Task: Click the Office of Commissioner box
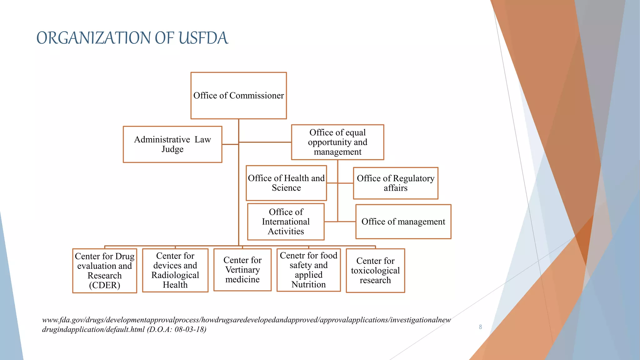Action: [x=238, y=96]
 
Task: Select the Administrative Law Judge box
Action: [x=172, y=144]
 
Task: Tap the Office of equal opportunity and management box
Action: [x=337, y=142]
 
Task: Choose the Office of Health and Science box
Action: [x=286, y=183]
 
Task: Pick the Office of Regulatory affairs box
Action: [x=396, y=183]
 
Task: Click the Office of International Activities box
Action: [x=286, y=222]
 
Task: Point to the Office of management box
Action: [x=403, y=222]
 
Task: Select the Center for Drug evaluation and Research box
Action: [x=105, y=271]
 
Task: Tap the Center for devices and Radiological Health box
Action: [x=175, y=270]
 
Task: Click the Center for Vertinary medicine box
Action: [x=242, y=270]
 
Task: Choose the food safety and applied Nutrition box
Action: [x=308, y=270]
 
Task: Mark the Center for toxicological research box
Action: [x=375, y=270]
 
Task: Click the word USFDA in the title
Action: [x=203, y=38]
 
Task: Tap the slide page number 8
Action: [x=480, y=327]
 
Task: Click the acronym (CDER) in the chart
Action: [x=105, y=285]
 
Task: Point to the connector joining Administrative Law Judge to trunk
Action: [x=230, y=144]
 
